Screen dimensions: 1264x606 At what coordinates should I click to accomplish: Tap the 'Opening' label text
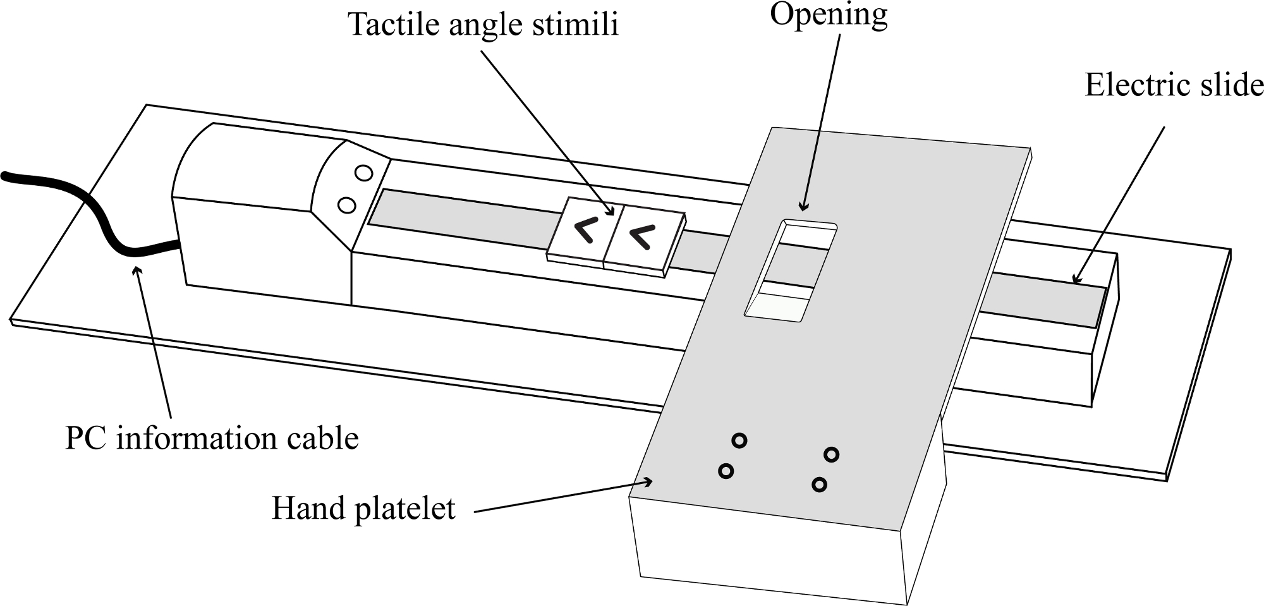(x=829, y=15)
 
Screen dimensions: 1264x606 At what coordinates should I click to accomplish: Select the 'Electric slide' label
(x=1174, y=85)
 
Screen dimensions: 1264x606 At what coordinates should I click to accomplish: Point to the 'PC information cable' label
(x=212, y=439)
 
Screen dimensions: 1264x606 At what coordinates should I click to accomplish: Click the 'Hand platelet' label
(x=363, y=509)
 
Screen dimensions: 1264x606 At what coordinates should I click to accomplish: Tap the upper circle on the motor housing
(x=364, y=173)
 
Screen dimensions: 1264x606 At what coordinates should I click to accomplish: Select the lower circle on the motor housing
(x=346, y=205)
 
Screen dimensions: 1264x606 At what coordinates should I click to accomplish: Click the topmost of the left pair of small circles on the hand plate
(x=739, y=440)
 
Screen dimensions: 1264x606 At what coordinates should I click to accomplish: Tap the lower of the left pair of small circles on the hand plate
(x=726, y=471)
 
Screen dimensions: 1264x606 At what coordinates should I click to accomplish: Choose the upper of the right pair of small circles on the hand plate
(x=832, y=454)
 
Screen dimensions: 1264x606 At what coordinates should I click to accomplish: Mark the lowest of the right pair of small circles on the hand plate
(x=819, y=485)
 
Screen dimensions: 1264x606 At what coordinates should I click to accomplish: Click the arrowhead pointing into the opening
(x=804, y=204)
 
